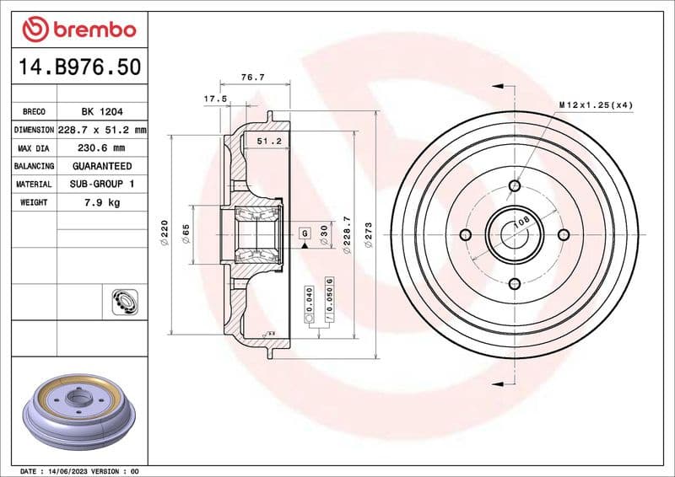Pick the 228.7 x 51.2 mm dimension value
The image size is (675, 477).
tap(101, 130)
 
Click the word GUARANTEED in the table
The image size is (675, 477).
tap(101, 166)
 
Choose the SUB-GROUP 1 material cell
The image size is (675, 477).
tap(101, 184)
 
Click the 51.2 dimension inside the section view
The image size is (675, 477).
tap(268, 141)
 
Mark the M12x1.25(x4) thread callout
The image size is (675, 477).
tap(596, 105)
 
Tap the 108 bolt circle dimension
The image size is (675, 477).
tap(521, 222)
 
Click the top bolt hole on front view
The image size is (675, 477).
tap(516, 186)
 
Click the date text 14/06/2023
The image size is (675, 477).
tap(70, 470)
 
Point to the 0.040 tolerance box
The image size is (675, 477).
tap(310, 301)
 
